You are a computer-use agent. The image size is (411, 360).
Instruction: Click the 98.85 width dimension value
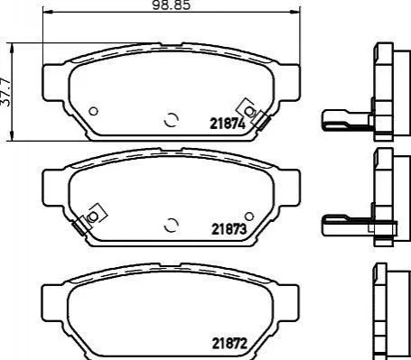click(172, 5)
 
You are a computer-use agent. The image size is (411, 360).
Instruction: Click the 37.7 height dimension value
click(5, 92)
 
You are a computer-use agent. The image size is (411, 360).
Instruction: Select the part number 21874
click(228, 124)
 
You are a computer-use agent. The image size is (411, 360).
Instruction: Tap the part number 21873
click(229, 229)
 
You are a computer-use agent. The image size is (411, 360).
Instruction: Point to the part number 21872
click(229, 343)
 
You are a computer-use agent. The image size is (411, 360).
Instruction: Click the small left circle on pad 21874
click(94, 111)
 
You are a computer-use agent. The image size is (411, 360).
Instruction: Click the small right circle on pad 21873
click(249, 216)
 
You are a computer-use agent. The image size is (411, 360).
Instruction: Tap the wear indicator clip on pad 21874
click(254, 114)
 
